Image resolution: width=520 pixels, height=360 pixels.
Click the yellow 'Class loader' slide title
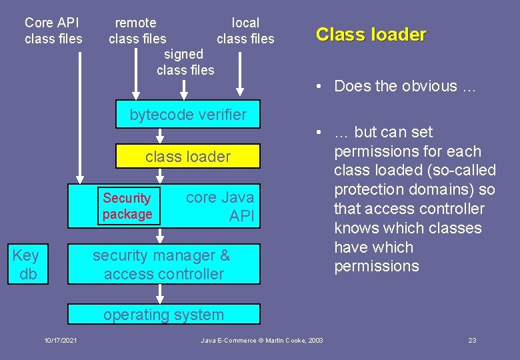point(371,35)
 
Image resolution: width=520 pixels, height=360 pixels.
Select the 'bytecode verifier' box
point(188,115)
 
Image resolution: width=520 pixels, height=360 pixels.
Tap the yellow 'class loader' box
point(188,157)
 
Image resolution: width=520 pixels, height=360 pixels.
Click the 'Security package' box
point(127,206)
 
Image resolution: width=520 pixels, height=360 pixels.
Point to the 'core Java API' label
point(220,206)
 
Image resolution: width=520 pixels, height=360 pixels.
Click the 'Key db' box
point(26,265)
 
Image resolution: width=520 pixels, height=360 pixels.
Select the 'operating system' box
point(164,315)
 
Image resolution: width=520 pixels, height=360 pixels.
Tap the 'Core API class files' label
point(53,31)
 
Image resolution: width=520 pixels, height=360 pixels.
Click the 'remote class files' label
point(137,31)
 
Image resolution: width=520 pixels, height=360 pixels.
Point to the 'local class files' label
point(245,31)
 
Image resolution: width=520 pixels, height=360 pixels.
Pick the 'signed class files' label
point(185,62)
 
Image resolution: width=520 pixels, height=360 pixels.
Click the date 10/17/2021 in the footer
point(61,341)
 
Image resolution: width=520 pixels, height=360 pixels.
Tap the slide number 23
point(472,341)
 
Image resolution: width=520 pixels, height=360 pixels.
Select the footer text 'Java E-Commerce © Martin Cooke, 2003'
point(262,341)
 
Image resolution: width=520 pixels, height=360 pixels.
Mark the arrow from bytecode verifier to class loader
point(160,135)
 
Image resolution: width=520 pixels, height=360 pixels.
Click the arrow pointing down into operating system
point(160,293)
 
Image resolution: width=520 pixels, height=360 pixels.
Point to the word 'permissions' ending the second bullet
point(376,267)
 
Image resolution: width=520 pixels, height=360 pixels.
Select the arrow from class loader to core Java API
point(160,176)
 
